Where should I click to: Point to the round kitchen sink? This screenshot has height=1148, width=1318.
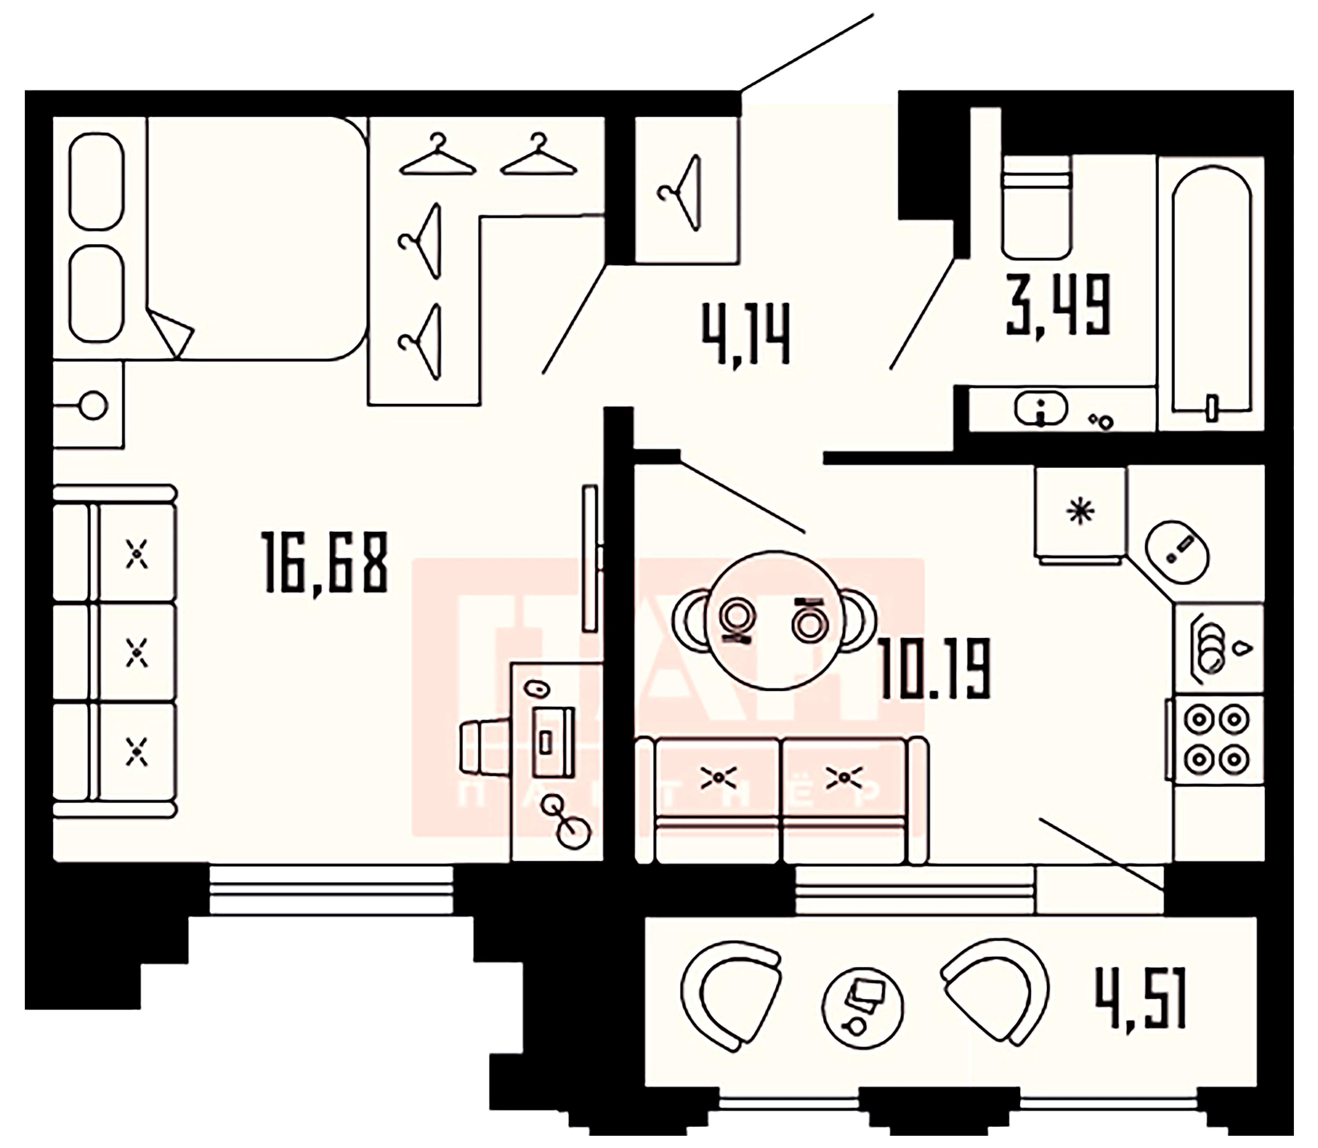click(1178, 551)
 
